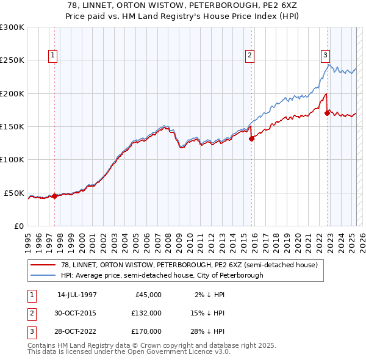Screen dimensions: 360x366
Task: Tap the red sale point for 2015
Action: (251, 139)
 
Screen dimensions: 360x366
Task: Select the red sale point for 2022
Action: (328, 113)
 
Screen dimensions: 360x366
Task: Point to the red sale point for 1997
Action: (55, 196)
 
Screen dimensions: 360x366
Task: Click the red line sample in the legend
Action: (43, 265)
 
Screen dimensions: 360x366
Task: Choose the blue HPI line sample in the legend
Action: (43, 275)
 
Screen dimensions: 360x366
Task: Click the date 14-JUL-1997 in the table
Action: (77, 295)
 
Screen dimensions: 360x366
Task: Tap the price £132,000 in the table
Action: (146, 313)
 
